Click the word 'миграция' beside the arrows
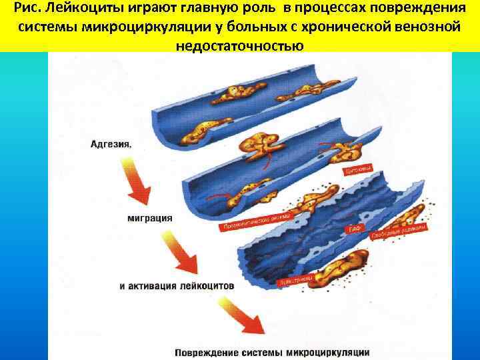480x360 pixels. [x=149, y=217]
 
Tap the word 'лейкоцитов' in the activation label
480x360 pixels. [x=207, y=285]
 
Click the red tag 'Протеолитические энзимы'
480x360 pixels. [x=256, y=221]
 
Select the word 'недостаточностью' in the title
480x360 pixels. [x=240, y=47]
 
